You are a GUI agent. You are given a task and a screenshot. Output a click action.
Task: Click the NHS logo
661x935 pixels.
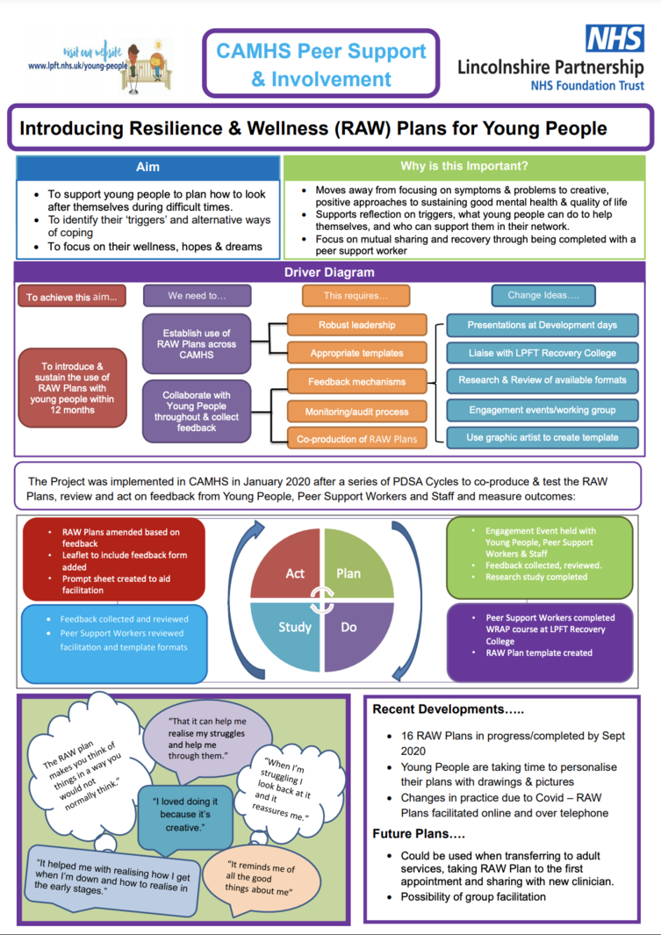pos(614,39)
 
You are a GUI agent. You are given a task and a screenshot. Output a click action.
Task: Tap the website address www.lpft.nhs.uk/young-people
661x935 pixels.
pos(78,66)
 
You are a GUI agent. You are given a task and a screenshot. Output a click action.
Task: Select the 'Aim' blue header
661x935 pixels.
pos(147,168)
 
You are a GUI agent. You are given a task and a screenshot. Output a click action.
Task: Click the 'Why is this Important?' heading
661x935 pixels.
pos(464,166)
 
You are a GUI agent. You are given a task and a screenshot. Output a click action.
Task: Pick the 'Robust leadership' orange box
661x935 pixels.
pos(357,325)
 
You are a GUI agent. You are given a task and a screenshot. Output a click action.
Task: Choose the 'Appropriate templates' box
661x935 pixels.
pos(357,353)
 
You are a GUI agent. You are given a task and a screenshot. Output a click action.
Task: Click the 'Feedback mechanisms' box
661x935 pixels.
pos(357,382)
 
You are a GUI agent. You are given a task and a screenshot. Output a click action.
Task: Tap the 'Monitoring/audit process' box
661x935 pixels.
pos(357,412)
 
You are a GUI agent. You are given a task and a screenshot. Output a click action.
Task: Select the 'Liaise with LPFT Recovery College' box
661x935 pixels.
pos(542,353)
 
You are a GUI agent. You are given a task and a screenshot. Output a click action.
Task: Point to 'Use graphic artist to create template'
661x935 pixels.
pos(542,438)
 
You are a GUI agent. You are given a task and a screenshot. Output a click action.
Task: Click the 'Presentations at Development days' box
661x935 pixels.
pos(542,325)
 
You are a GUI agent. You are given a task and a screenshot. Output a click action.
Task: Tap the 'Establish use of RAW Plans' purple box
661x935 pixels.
pos(197,344)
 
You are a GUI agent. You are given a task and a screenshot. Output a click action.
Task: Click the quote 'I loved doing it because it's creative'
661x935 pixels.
pos(185,815)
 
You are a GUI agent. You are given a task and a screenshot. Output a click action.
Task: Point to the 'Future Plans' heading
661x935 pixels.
pos(419,833)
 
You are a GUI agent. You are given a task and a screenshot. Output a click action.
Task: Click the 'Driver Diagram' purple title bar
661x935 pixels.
pos(329,272)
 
